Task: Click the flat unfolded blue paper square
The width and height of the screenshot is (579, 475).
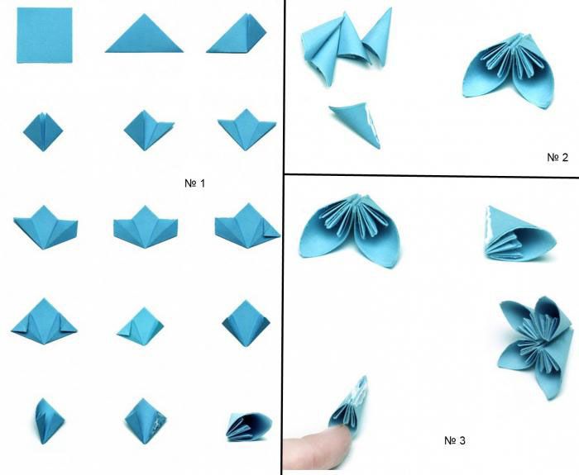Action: (45, 36)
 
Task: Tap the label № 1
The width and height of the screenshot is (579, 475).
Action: (194, 183)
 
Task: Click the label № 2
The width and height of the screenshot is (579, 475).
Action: (557, 158)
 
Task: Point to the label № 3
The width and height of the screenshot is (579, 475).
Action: (455, 440)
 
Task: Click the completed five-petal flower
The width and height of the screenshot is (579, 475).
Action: (534, 347)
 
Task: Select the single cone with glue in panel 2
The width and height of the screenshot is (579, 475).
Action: (355, 125)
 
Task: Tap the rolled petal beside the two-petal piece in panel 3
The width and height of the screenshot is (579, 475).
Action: (519, 235)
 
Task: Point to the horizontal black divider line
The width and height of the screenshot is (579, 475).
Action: (431, 175)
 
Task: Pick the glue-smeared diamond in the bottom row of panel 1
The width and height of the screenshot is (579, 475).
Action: (145, 421)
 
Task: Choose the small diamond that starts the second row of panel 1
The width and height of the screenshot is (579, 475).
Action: (43, 131)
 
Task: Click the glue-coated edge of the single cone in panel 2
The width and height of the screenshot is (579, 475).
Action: (372, 125)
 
